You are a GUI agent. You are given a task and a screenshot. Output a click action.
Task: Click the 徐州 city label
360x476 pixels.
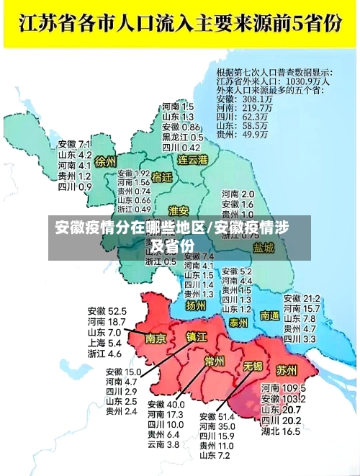(105, 162)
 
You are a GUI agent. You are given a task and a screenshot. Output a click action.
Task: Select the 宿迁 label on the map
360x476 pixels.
(163, 177)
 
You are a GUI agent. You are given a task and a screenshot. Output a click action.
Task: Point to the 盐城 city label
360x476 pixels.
(264, 248)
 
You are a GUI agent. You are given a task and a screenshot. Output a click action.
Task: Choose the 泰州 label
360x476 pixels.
(238, 323)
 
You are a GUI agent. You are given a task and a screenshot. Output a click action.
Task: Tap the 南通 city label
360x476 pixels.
(270, 315)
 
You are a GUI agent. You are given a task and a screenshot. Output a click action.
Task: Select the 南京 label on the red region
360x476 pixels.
(156, 338)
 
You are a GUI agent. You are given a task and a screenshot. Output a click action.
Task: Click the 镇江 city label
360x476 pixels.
(197, 336)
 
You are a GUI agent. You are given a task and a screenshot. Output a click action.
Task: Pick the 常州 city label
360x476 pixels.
(214, 361)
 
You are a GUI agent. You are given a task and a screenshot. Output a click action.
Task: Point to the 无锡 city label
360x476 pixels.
(252, 366)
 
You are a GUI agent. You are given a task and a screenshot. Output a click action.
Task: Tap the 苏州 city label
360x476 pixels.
(286, 371)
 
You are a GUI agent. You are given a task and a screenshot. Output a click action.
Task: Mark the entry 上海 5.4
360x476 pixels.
(104, 343)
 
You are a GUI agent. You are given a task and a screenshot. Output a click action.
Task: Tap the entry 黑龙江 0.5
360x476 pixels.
(183, 137)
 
